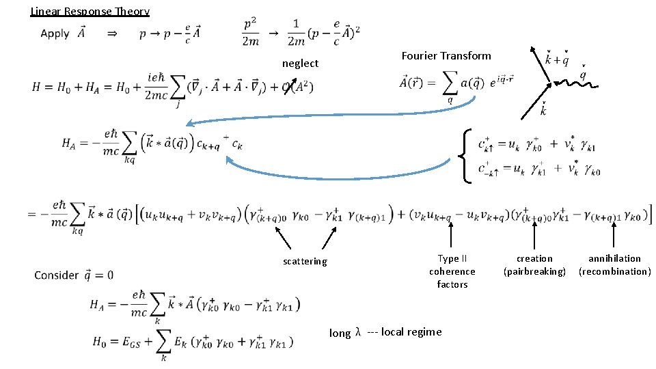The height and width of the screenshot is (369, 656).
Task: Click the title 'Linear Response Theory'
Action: coord(90,11)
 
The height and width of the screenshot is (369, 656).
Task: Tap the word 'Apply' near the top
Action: coord(55,33)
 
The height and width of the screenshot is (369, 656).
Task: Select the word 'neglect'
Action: coord(300,64)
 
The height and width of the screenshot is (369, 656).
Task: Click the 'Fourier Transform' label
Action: coord(446,55)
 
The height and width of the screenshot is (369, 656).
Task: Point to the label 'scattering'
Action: coord(305,261)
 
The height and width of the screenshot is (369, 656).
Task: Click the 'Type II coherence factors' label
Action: coord(452,271)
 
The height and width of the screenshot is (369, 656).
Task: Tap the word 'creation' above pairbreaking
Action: coord(534,258)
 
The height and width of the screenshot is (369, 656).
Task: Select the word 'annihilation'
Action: coord(614,258)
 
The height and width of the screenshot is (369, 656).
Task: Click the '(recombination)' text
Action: coord(614,271)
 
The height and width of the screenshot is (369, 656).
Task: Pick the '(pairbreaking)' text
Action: coord(534,271)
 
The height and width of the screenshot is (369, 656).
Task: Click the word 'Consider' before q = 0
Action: coord(56,275)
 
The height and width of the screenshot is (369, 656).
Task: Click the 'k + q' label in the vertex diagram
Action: coord(557,59)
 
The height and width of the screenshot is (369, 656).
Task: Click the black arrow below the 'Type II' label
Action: coord(451,236)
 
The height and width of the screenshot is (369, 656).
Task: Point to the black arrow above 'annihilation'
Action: coord(614,236)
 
